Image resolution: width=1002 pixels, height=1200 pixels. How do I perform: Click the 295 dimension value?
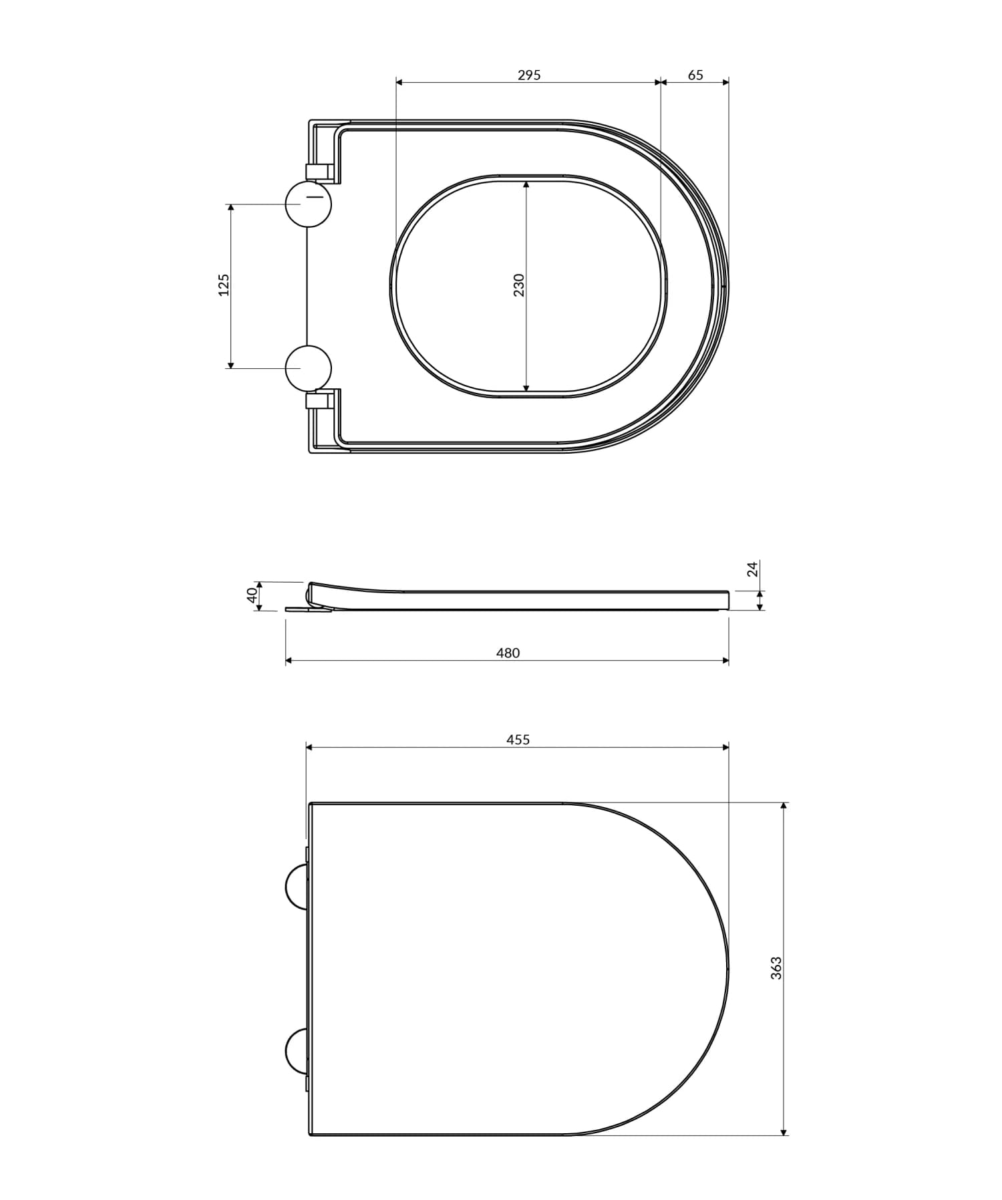(x=529, y=75)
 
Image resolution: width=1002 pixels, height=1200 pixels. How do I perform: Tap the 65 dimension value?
(x=695, y=75)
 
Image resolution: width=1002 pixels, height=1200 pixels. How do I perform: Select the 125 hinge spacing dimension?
(x=224, y=285)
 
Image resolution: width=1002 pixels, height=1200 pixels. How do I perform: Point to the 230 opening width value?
(x=518, y=285)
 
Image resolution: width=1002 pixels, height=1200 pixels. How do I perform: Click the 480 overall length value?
(x=508, y=653)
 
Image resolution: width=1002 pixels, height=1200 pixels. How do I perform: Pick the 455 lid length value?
(x=518, y=739)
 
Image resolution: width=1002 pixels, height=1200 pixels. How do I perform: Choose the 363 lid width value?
(x=776, y=967)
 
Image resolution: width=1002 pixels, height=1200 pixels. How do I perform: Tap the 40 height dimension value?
(x=252, y=595)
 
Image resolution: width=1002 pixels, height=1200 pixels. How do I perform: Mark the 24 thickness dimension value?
(x=753, y=569)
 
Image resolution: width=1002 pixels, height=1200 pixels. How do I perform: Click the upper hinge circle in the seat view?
(x=308, y=203)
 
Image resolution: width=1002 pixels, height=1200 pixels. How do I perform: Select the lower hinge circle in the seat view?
(x=308, y=368)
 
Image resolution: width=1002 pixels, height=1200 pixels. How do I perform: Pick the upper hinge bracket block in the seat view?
(x=319, y=172)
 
